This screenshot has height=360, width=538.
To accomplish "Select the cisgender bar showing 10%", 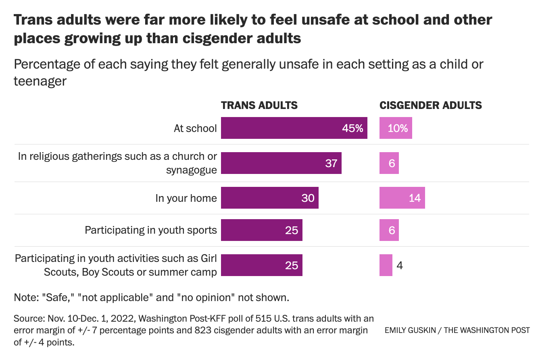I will point(396,128).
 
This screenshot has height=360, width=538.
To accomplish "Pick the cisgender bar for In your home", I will point(402,198).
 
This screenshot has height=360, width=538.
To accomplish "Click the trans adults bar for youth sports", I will point(261,230).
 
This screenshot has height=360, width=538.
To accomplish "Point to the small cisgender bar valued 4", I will point(386,265).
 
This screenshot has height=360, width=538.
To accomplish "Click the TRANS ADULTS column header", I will point(259,105).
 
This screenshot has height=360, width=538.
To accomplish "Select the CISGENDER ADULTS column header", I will point(431,105).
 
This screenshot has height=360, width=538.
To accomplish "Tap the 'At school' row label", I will point(195,128).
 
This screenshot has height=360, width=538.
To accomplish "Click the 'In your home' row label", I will point(186,198).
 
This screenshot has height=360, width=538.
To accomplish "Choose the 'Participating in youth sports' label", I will point(150,230).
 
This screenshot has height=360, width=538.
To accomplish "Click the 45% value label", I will point(352,128).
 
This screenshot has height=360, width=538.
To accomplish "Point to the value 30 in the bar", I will point(308,198).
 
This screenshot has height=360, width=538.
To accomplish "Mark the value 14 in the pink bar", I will point(415,198).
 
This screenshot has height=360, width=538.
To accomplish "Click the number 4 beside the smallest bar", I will point(400,265).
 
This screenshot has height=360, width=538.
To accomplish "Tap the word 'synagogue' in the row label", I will point(191,170).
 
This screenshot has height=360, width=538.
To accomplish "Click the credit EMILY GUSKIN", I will point(409,330).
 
